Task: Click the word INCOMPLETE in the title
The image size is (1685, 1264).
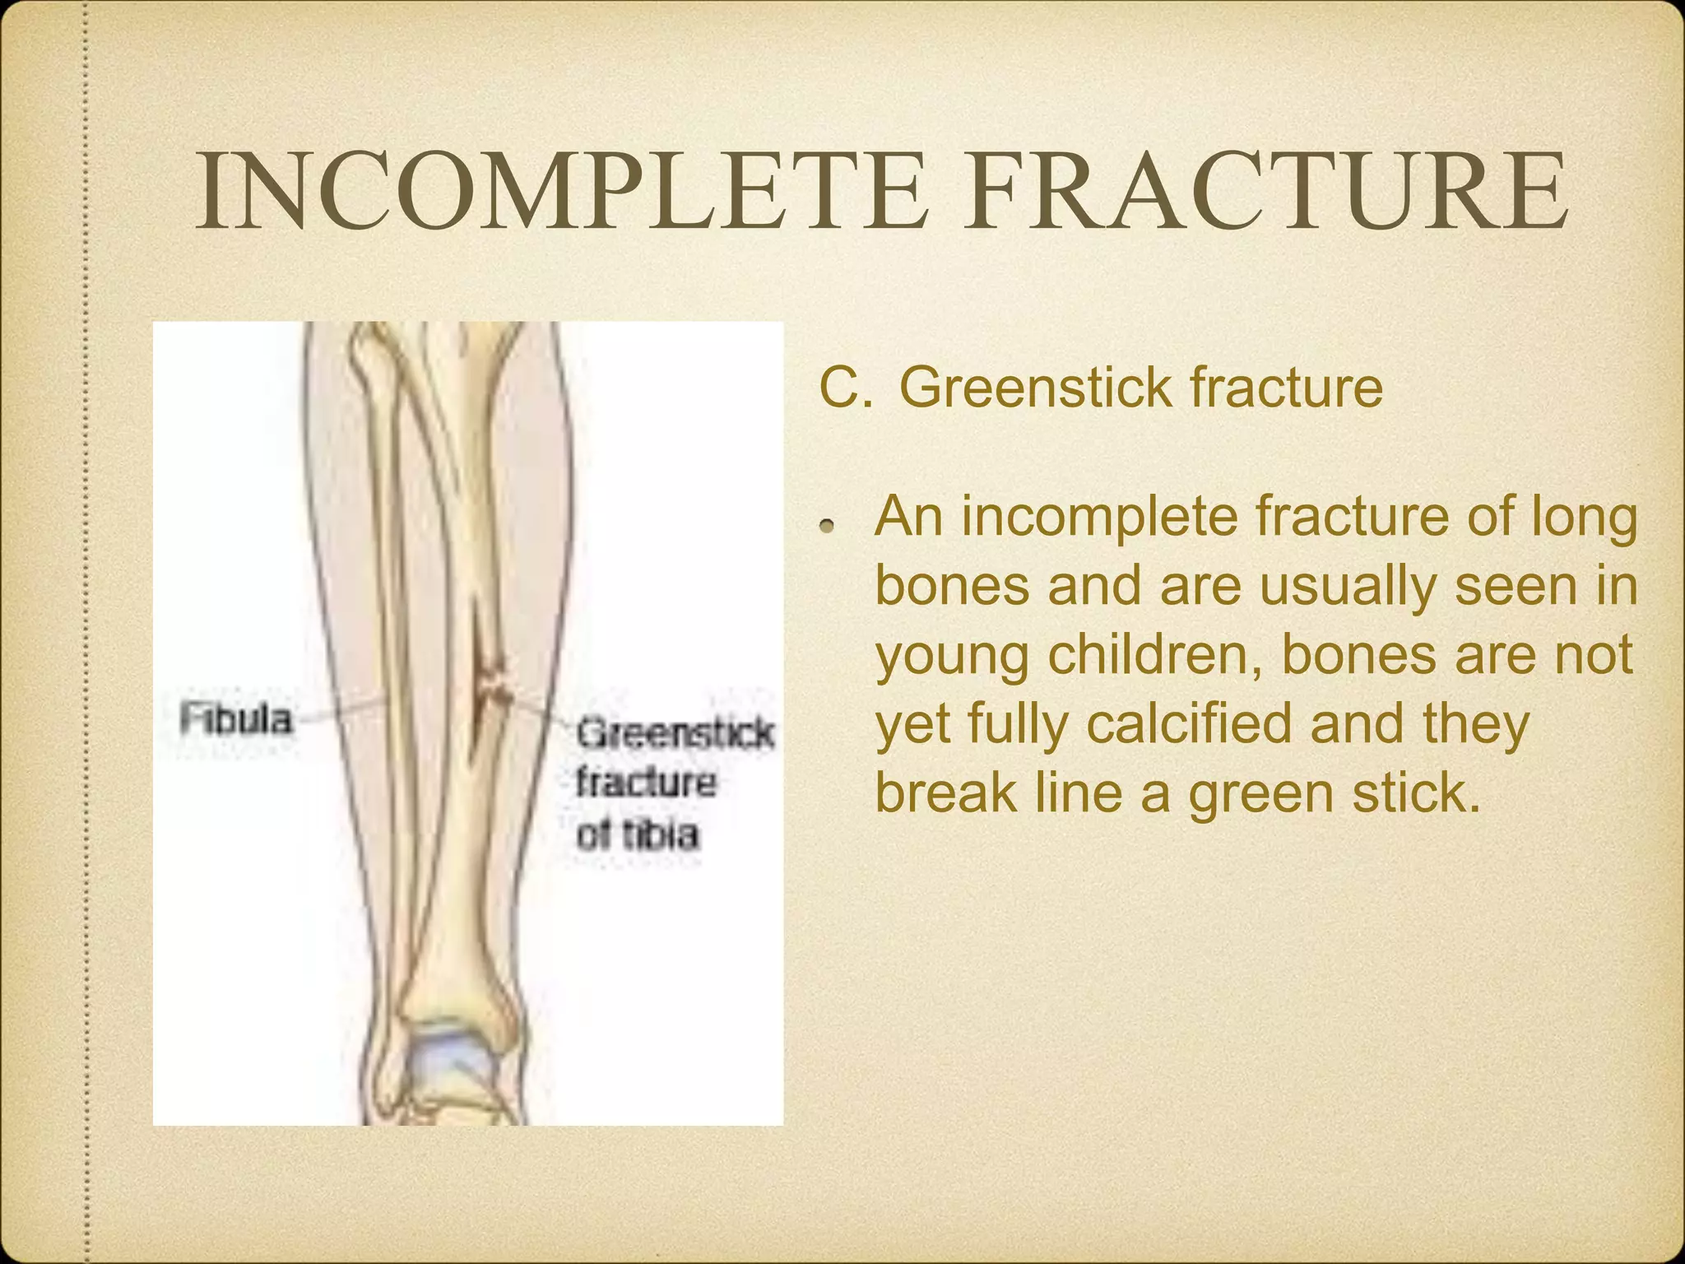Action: point(559,191)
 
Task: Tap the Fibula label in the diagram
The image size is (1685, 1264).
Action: point(236,719)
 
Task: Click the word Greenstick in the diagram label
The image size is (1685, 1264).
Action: point(675,732)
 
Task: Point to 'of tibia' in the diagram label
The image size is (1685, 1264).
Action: point(638,834)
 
